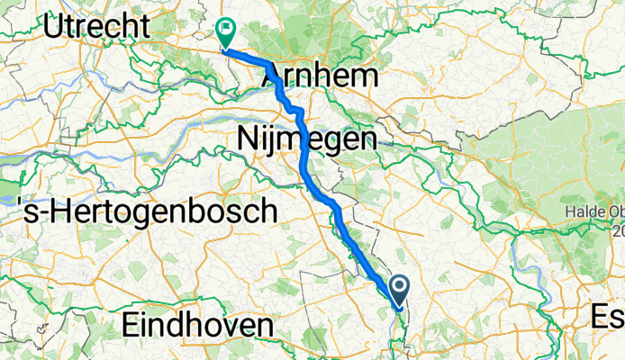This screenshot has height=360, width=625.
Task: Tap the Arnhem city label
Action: click(320, 76)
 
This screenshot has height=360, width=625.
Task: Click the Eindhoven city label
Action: click(197, 326)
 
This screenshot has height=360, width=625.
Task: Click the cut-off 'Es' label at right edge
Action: click(608, 315)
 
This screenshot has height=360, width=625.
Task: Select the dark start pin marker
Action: click(398, 287)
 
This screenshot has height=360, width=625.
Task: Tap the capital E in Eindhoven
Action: click(130, 326)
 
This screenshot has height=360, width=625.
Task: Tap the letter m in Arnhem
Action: click(362, 76)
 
